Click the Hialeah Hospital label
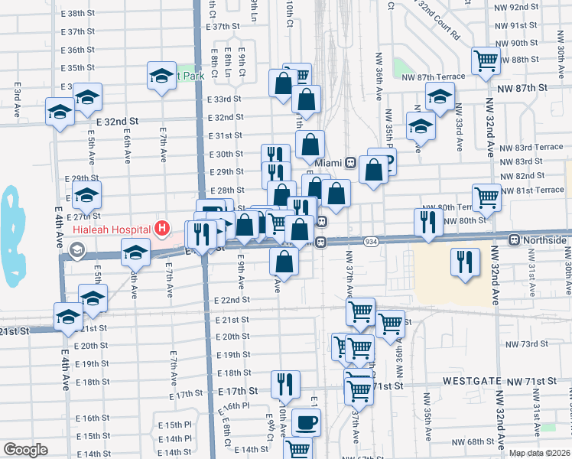pos(112,228)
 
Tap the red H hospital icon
pos(161,227)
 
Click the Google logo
pos(25,449)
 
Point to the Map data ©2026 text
pos(539,453)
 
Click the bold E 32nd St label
pos(117,121)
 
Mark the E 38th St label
pos(86,14)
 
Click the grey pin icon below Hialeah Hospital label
pos(76,249)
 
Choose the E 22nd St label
pos(232,300)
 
